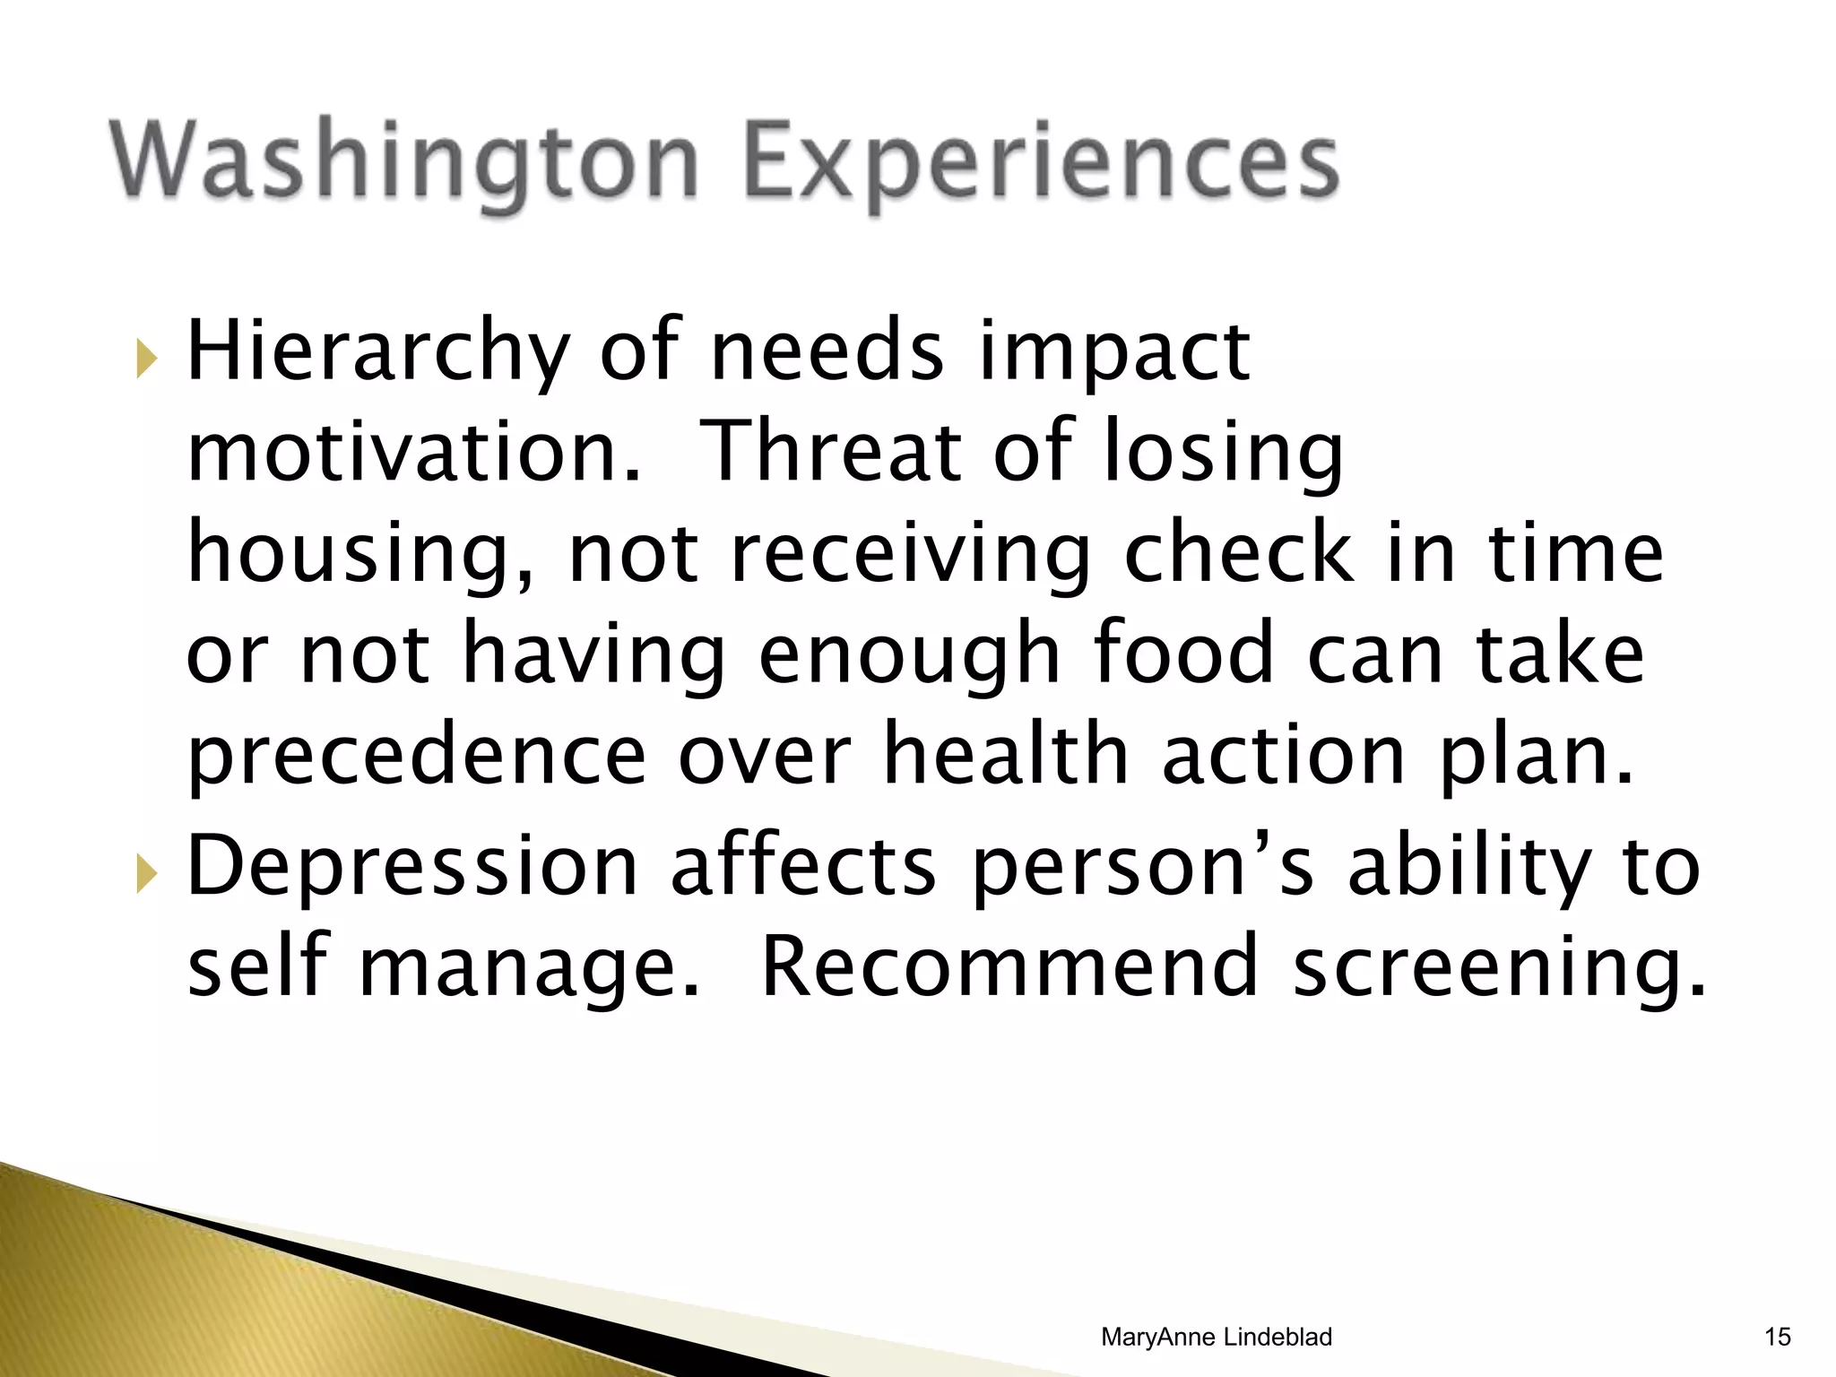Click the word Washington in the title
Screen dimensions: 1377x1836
[x=403, y=161]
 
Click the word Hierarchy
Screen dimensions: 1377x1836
[x=377, y=351]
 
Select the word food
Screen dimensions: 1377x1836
[x=1183, y=654]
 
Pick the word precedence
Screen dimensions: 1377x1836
[x=416, y=756]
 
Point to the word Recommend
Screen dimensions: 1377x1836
[x=1009, y=967]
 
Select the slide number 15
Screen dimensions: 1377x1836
[x=1777, y=1337]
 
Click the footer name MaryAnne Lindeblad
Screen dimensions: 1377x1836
[x=1216, y=1337]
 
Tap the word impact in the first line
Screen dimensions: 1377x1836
[x=1113, y=353]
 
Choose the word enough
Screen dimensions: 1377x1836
[x=909, y=655]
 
